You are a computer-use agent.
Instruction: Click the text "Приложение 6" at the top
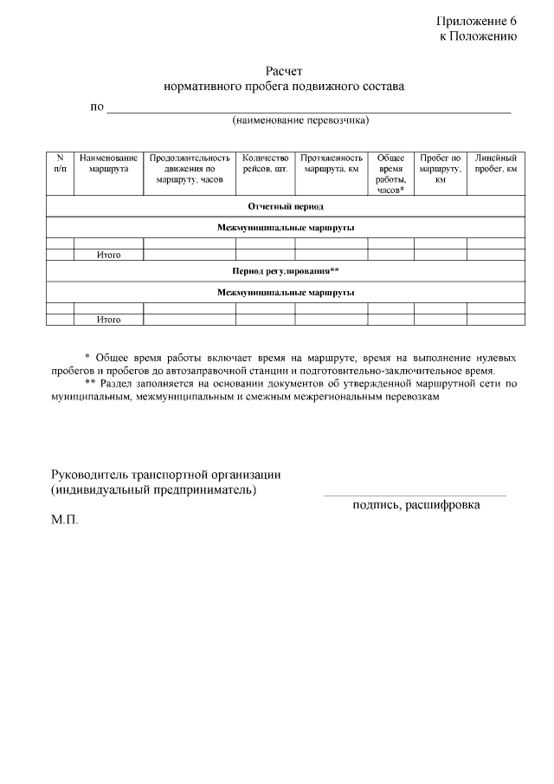point(476,21)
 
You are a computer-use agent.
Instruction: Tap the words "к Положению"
point(478,36)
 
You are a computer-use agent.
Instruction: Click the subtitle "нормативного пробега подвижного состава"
point(284,87)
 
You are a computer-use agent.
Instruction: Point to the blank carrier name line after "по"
point(308,109)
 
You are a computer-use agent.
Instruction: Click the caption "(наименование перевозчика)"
point(300,120)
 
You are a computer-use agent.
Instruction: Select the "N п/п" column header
point(60,164)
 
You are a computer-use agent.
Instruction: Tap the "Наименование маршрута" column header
point(108,164)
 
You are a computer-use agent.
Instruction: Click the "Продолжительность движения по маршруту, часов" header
point(190,169)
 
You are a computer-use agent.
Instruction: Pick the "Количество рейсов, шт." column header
point(265,164)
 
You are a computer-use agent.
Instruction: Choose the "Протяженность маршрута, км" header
point(332,164)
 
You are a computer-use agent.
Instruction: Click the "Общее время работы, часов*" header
point(391,174)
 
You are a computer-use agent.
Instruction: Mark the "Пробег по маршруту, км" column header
point(440,169)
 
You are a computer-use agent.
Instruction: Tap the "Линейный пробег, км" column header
point(496,164)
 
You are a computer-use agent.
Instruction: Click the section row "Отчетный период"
point(286,206)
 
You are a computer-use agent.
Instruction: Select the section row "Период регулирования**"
point(286,271)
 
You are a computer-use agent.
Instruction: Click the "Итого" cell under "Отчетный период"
point(108,256)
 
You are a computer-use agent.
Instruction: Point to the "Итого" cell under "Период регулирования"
point(108,320)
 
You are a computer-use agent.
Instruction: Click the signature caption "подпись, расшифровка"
point(416,505)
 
